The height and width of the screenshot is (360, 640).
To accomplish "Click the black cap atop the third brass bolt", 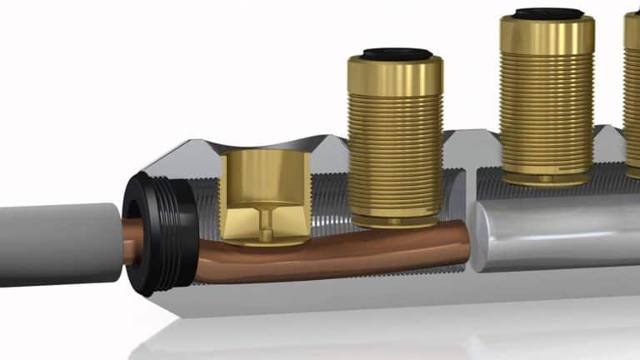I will pos(547,14).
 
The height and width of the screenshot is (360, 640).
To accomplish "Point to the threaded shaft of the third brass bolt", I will pos(547,108).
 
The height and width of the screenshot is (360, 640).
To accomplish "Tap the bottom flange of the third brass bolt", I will pos(546,177).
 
